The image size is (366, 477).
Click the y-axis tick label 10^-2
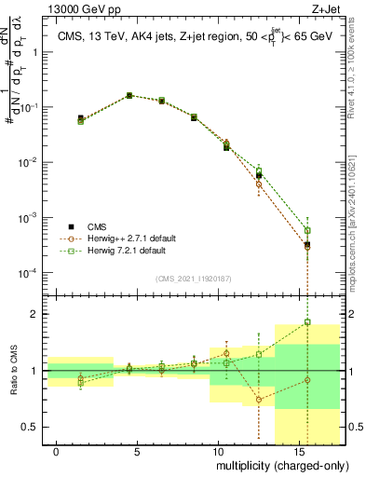point(26,163)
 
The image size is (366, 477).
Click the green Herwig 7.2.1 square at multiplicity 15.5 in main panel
point(307,230)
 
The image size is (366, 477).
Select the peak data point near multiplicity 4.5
point(129,95)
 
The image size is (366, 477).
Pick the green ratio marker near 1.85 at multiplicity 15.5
point(307,322)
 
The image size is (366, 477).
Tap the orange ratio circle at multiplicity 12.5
point(259,400)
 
